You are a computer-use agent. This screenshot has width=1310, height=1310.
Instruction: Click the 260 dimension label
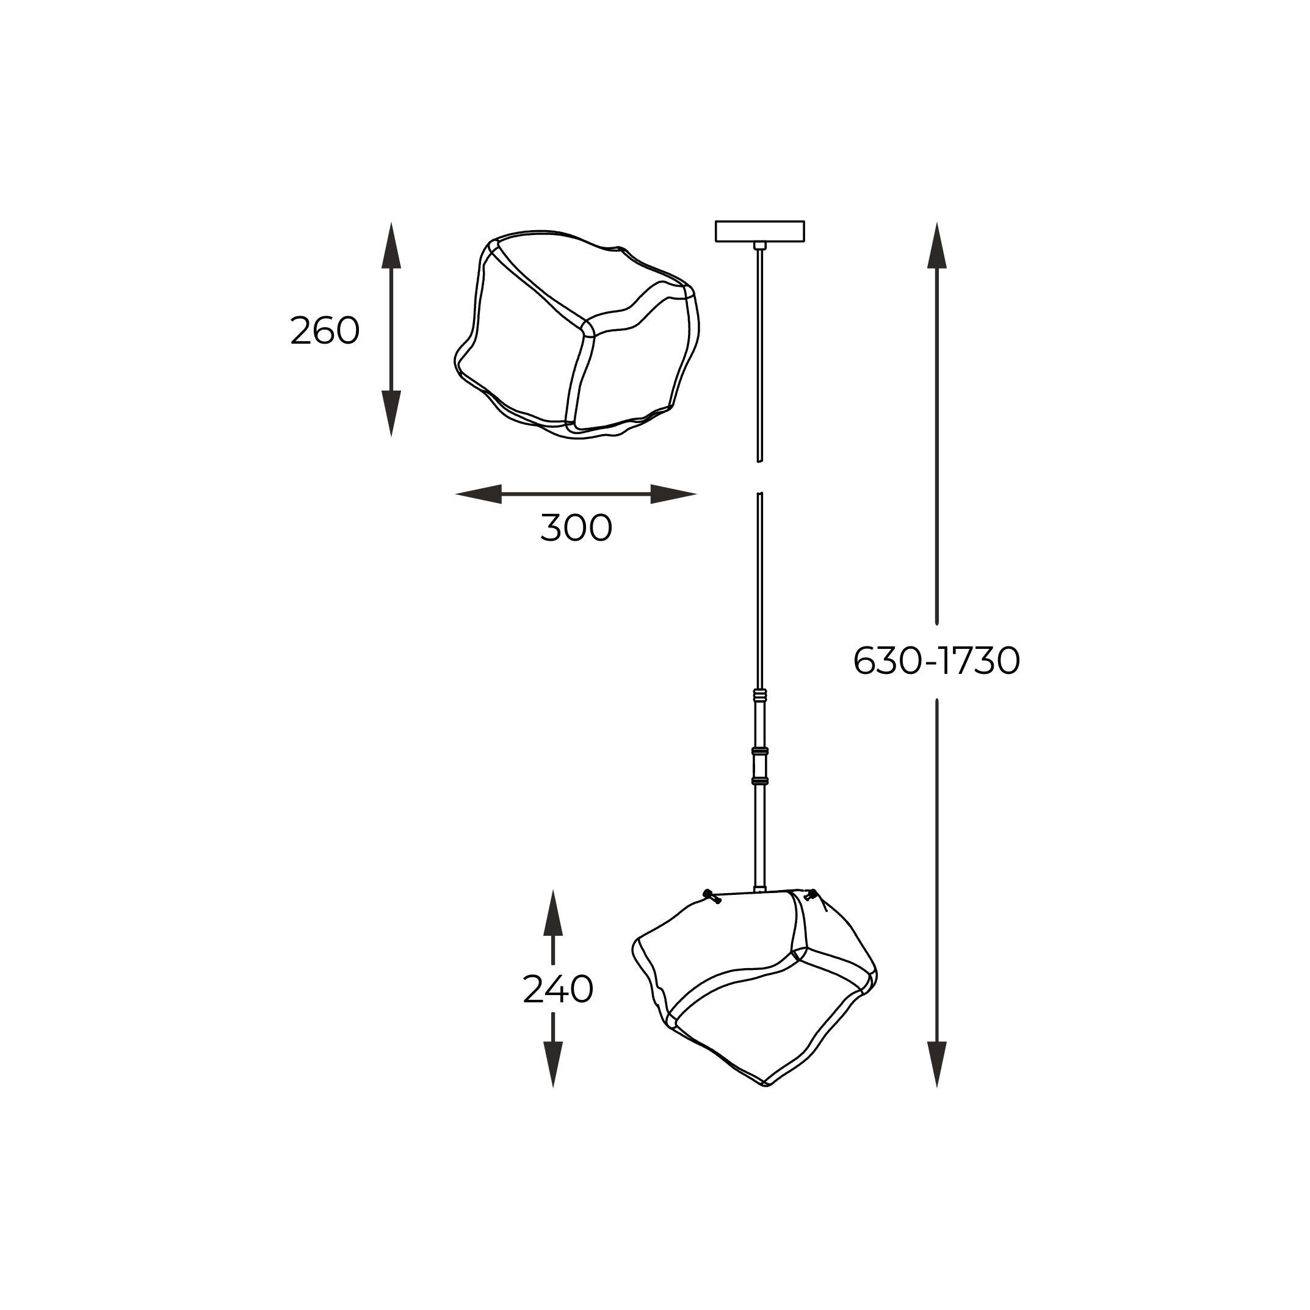324,331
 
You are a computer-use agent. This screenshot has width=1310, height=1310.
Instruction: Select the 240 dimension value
558,990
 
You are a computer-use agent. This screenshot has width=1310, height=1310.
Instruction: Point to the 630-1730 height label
936,660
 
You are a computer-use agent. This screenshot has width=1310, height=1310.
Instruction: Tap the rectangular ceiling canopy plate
759,231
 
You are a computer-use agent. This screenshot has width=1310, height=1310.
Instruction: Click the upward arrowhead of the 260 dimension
391,245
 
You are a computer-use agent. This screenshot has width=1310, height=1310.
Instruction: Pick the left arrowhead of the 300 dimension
478,494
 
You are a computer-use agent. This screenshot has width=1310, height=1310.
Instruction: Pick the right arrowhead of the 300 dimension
674,494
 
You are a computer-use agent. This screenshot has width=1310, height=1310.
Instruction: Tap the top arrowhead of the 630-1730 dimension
936,245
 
